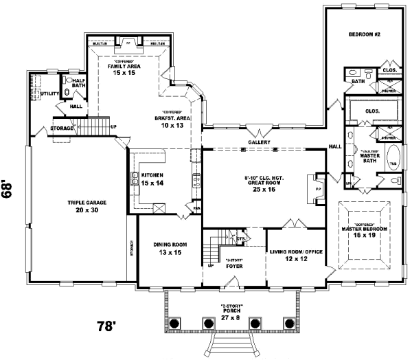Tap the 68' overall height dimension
(9, 190)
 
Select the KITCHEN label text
(152, 176)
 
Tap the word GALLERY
(259, 142)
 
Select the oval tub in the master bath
(393, 165)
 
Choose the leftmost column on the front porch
(175, 322)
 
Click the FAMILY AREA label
(128, 66)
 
